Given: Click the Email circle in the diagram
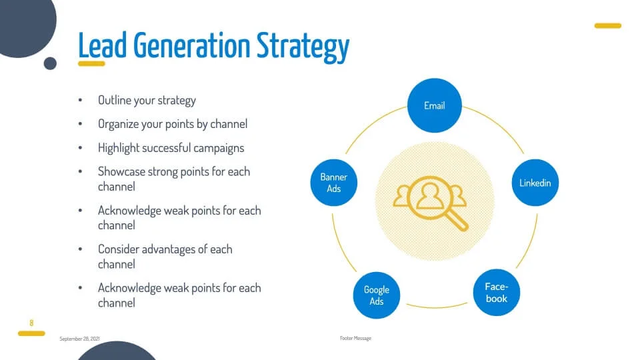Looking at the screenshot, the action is [434, 105].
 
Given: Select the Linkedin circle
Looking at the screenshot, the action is [535, 183].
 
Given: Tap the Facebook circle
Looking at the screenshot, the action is [496, 292].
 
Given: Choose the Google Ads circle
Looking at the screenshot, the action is [376, 295].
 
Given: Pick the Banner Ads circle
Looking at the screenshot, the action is [334, 183].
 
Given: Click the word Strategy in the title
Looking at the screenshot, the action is [303, 46].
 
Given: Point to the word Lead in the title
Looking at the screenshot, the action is [102, 45].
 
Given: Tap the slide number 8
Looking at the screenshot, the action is [31, 323].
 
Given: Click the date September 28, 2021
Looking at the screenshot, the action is [79, 339].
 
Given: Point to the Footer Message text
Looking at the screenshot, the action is [355, 338].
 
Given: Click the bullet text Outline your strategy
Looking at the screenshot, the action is [147, 101].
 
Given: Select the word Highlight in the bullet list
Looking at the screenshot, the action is [119, 148].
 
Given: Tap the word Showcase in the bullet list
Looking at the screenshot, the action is [121, 171].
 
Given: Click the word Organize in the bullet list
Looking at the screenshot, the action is [119, 125].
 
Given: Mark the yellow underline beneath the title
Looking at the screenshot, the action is [91, 64].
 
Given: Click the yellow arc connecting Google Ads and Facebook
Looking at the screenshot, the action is [436, 307].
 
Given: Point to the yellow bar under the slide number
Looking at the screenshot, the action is [31, 333].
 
